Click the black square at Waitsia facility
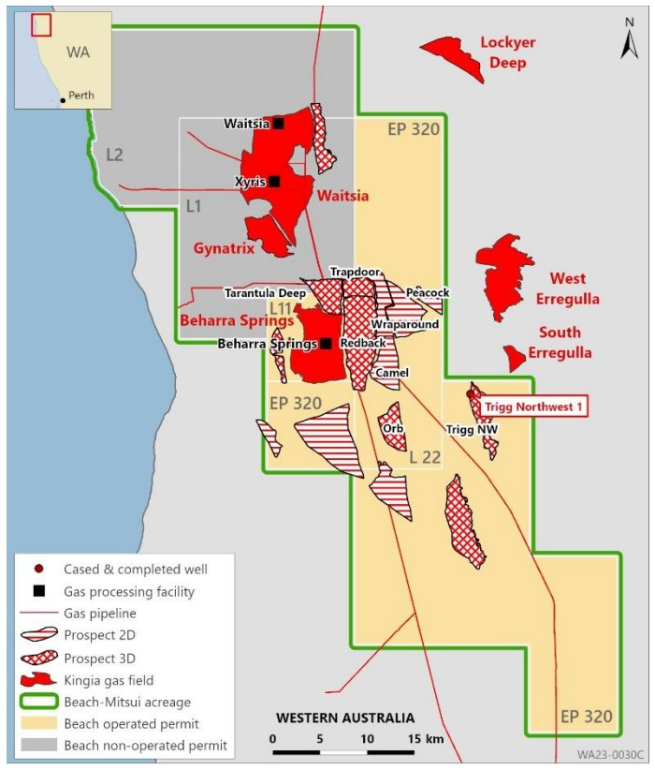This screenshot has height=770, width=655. pos(278,124)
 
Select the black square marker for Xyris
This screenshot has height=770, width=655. pos(274,181)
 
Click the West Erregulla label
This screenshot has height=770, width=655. pos(567,289)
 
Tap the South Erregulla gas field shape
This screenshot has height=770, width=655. pos(513,356)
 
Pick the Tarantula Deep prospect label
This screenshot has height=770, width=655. pos(265,293)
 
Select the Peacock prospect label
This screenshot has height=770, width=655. pos(428,293)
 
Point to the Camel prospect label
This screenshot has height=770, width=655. pos(391,373)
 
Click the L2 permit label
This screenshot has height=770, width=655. pos(114,155)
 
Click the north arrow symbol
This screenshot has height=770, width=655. pos(628,40)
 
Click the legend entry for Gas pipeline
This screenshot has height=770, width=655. pos(100,614)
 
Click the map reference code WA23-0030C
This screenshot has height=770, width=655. pos(610,753)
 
